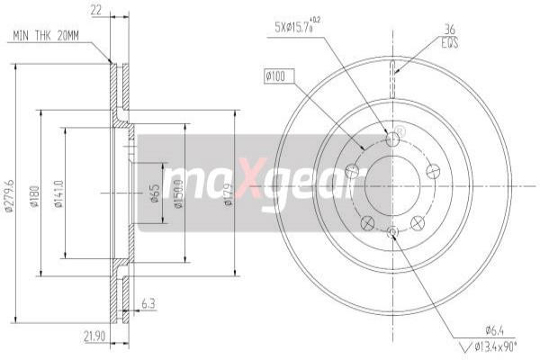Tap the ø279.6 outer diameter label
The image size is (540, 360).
click(x=10, y=193)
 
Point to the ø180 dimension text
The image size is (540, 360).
click(x=33, y=193)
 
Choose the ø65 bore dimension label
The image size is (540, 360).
click(x=155, y=193)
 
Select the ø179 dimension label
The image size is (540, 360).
click(x=229, y=193)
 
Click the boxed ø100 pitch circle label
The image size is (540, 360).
click(x=275, y=78)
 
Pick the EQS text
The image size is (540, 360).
click(x=448, y=40)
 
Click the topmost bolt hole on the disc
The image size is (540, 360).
click(x=392, y=139)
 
